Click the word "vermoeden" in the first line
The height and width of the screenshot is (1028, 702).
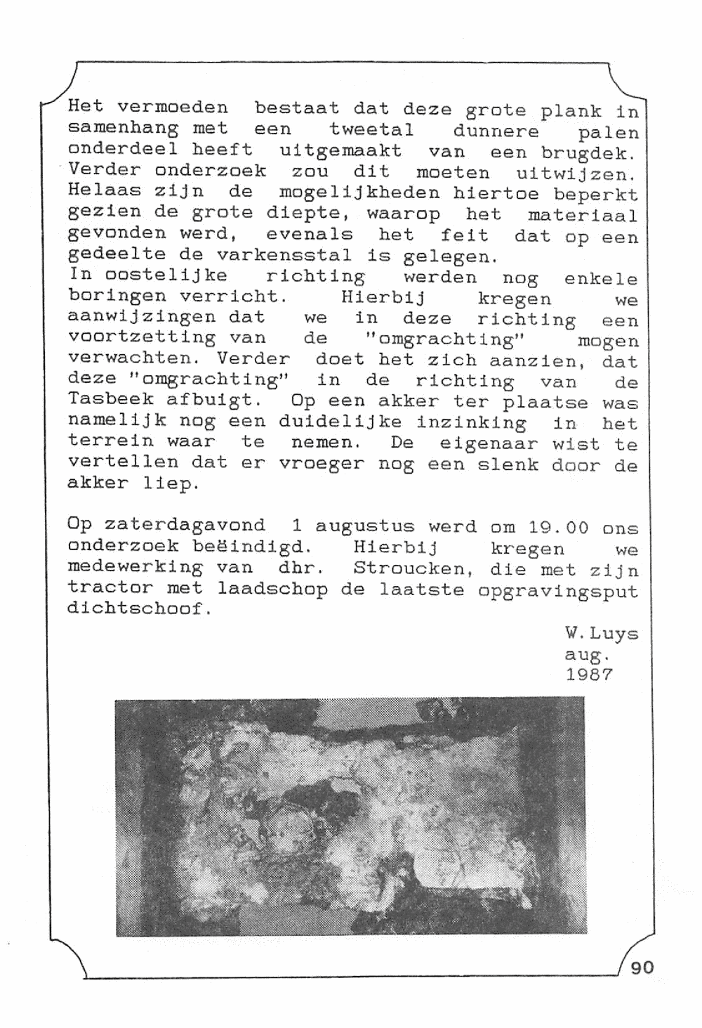[x=172, y=108]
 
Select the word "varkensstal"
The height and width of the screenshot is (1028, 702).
[x=284, y=255]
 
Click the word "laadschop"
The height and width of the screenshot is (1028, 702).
[x=272, y=588]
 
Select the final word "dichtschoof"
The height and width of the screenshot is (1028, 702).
[x=138, y=609]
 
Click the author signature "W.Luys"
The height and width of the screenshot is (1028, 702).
[x=602, y=634]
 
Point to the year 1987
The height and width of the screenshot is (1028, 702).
[x=589, y=675]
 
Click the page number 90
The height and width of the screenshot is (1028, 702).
[x=642, y=968]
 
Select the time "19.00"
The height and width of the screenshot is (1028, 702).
[x=558, y=528]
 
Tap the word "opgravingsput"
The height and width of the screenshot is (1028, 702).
[x=558, y=590]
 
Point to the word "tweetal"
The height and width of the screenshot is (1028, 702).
[x=371, y=130]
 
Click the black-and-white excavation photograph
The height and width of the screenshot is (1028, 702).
[x=350, y=816]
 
